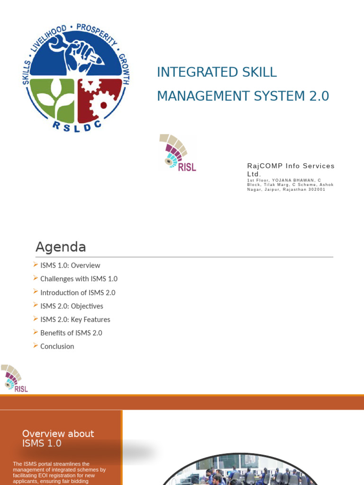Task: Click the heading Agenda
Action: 61,247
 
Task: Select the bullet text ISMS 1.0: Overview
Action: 70,266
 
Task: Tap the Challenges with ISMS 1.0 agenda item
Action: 79,279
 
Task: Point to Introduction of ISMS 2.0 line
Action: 78,293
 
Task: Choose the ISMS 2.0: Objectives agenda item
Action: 72,306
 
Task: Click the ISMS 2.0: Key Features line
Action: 75,320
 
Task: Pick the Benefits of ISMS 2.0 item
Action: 71,333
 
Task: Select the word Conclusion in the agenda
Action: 57,347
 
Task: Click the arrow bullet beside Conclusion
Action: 36,346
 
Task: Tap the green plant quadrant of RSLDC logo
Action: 52,99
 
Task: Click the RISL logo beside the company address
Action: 178,153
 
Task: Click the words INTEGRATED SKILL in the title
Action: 217,72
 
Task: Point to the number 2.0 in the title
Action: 318,96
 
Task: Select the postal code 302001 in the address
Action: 316,189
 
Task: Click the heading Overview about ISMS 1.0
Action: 58,438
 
